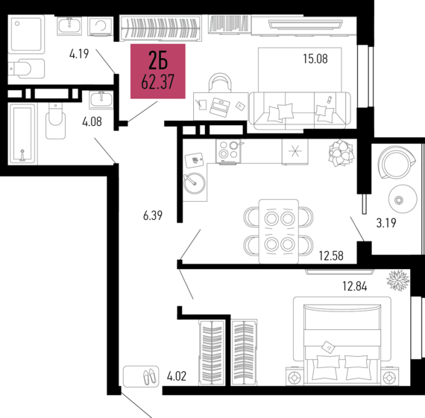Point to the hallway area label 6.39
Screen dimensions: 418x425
pos(153,216)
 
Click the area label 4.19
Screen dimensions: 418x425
pos(79,54)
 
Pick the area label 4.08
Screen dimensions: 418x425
pos(92,121)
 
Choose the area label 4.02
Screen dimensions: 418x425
pos(177,377)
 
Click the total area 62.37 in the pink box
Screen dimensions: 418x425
pos(157,81)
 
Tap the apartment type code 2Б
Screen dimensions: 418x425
pos(157,60)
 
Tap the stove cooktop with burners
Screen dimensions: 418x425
pos(228,151)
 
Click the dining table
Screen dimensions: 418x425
pos(278,231)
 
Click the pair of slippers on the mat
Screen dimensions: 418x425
pos(141,376)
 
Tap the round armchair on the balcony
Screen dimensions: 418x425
pos(396,162)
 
